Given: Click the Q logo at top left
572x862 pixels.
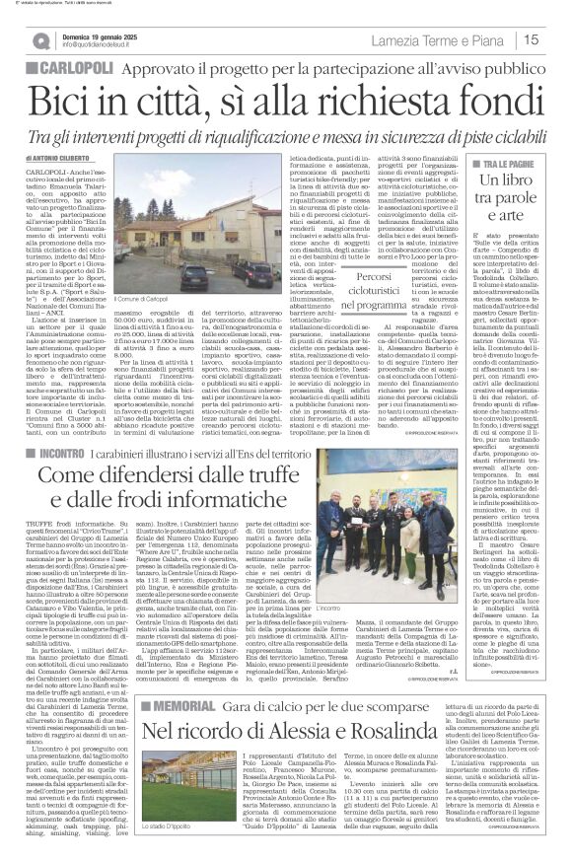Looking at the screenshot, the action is (41, 40).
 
